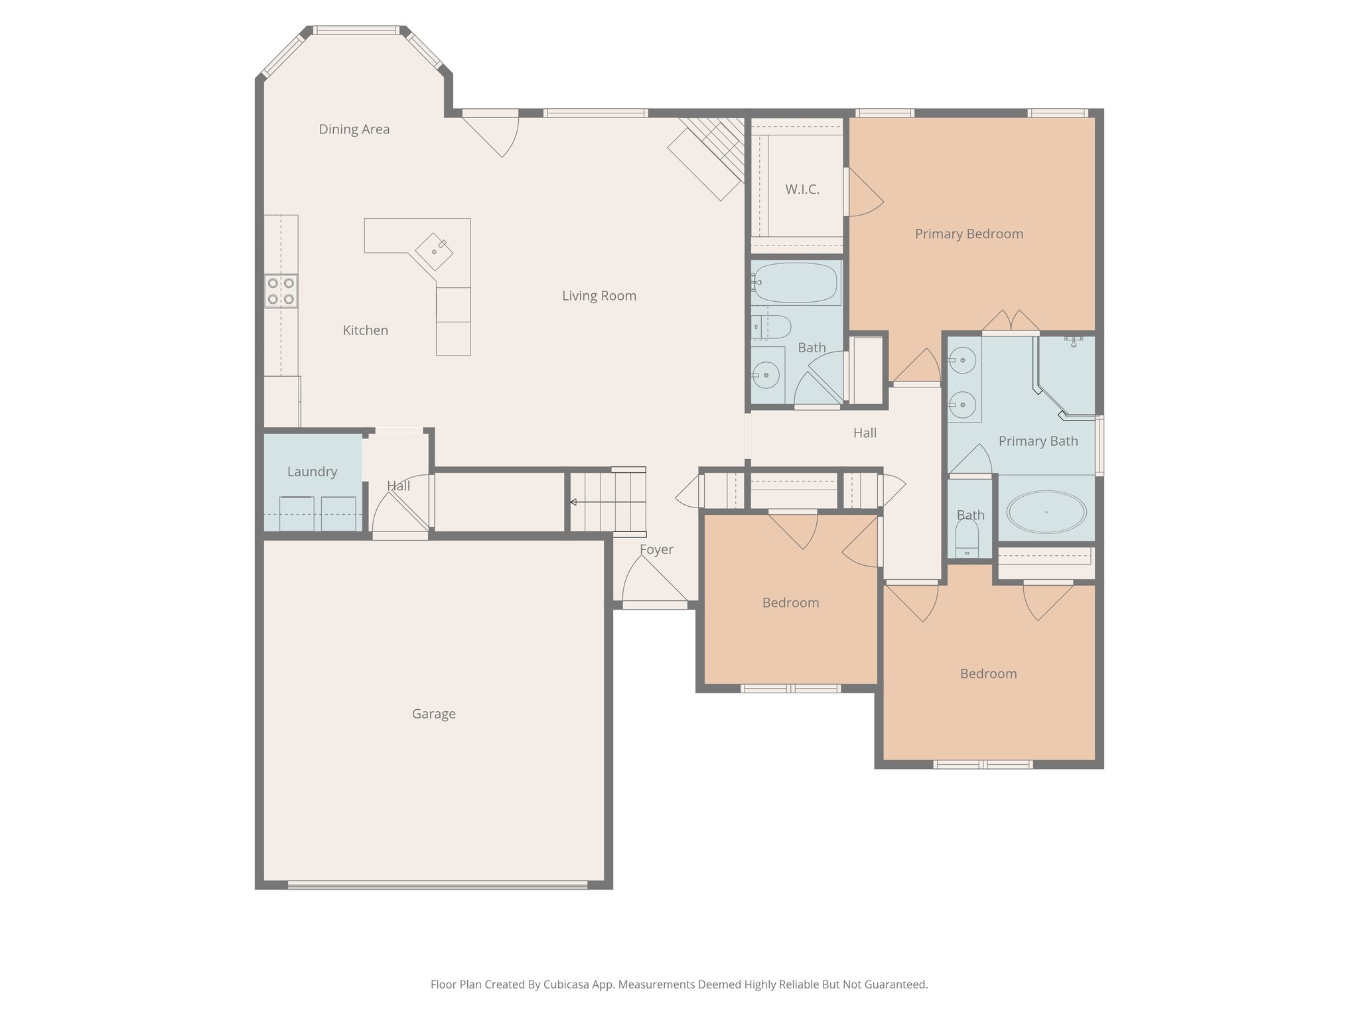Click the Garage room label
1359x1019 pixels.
tap(433, 714)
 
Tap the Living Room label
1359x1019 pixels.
tap(599, 296)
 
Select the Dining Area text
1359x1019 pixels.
tap(354, 129)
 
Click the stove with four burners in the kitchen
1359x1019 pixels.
tap(281, 291)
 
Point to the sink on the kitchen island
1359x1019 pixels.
tap(435, 251)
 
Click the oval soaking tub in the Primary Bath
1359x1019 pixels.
tap(1046, 512)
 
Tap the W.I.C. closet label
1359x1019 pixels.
tap(802, 190)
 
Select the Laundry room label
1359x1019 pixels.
tap(312, 472)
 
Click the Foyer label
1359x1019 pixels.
tap(656, 549)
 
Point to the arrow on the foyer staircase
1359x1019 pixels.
tap(573, 502)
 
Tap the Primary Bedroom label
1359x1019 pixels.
tap(968, 234)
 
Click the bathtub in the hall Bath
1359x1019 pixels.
tap(796, 283)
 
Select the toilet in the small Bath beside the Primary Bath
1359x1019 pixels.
tap(967, 538)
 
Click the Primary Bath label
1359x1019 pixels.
tap(1037, 441)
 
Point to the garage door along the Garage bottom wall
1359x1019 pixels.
tap(437, 884)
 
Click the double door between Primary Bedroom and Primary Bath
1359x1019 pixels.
tap(1010, 323)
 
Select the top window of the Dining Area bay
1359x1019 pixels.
tap(356, 30)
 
